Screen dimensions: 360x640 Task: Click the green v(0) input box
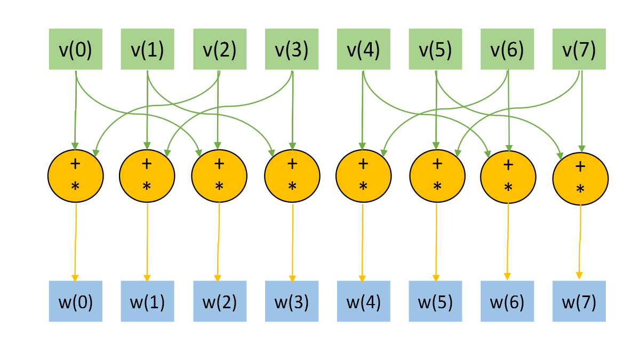(x=75, y=50)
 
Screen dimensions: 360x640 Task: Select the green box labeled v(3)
(x=292, y=50)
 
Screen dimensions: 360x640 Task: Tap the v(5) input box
(x=435, y=50)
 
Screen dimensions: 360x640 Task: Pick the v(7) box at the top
(x=579, y=50)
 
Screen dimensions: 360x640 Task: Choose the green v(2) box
(x=219, y=50)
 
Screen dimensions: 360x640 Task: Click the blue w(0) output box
(x=75, y=301)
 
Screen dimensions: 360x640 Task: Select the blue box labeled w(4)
(x=363, y=301)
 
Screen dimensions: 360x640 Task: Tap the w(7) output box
(x=579, y=301)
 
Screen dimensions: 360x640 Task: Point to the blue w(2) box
(x=219, y=301)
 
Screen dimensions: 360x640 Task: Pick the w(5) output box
(x=435, y=301)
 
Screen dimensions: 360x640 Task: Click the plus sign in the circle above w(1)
(x=147, y=163)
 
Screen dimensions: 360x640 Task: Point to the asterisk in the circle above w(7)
(x=580, y=189)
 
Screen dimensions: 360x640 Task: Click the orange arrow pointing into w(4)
(x=363, y=240)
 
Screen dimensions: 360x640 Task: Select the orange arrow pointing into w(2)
(x=219, y=240)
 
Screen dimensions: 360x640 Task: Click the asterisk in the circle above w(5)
(x=437, y=186)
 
